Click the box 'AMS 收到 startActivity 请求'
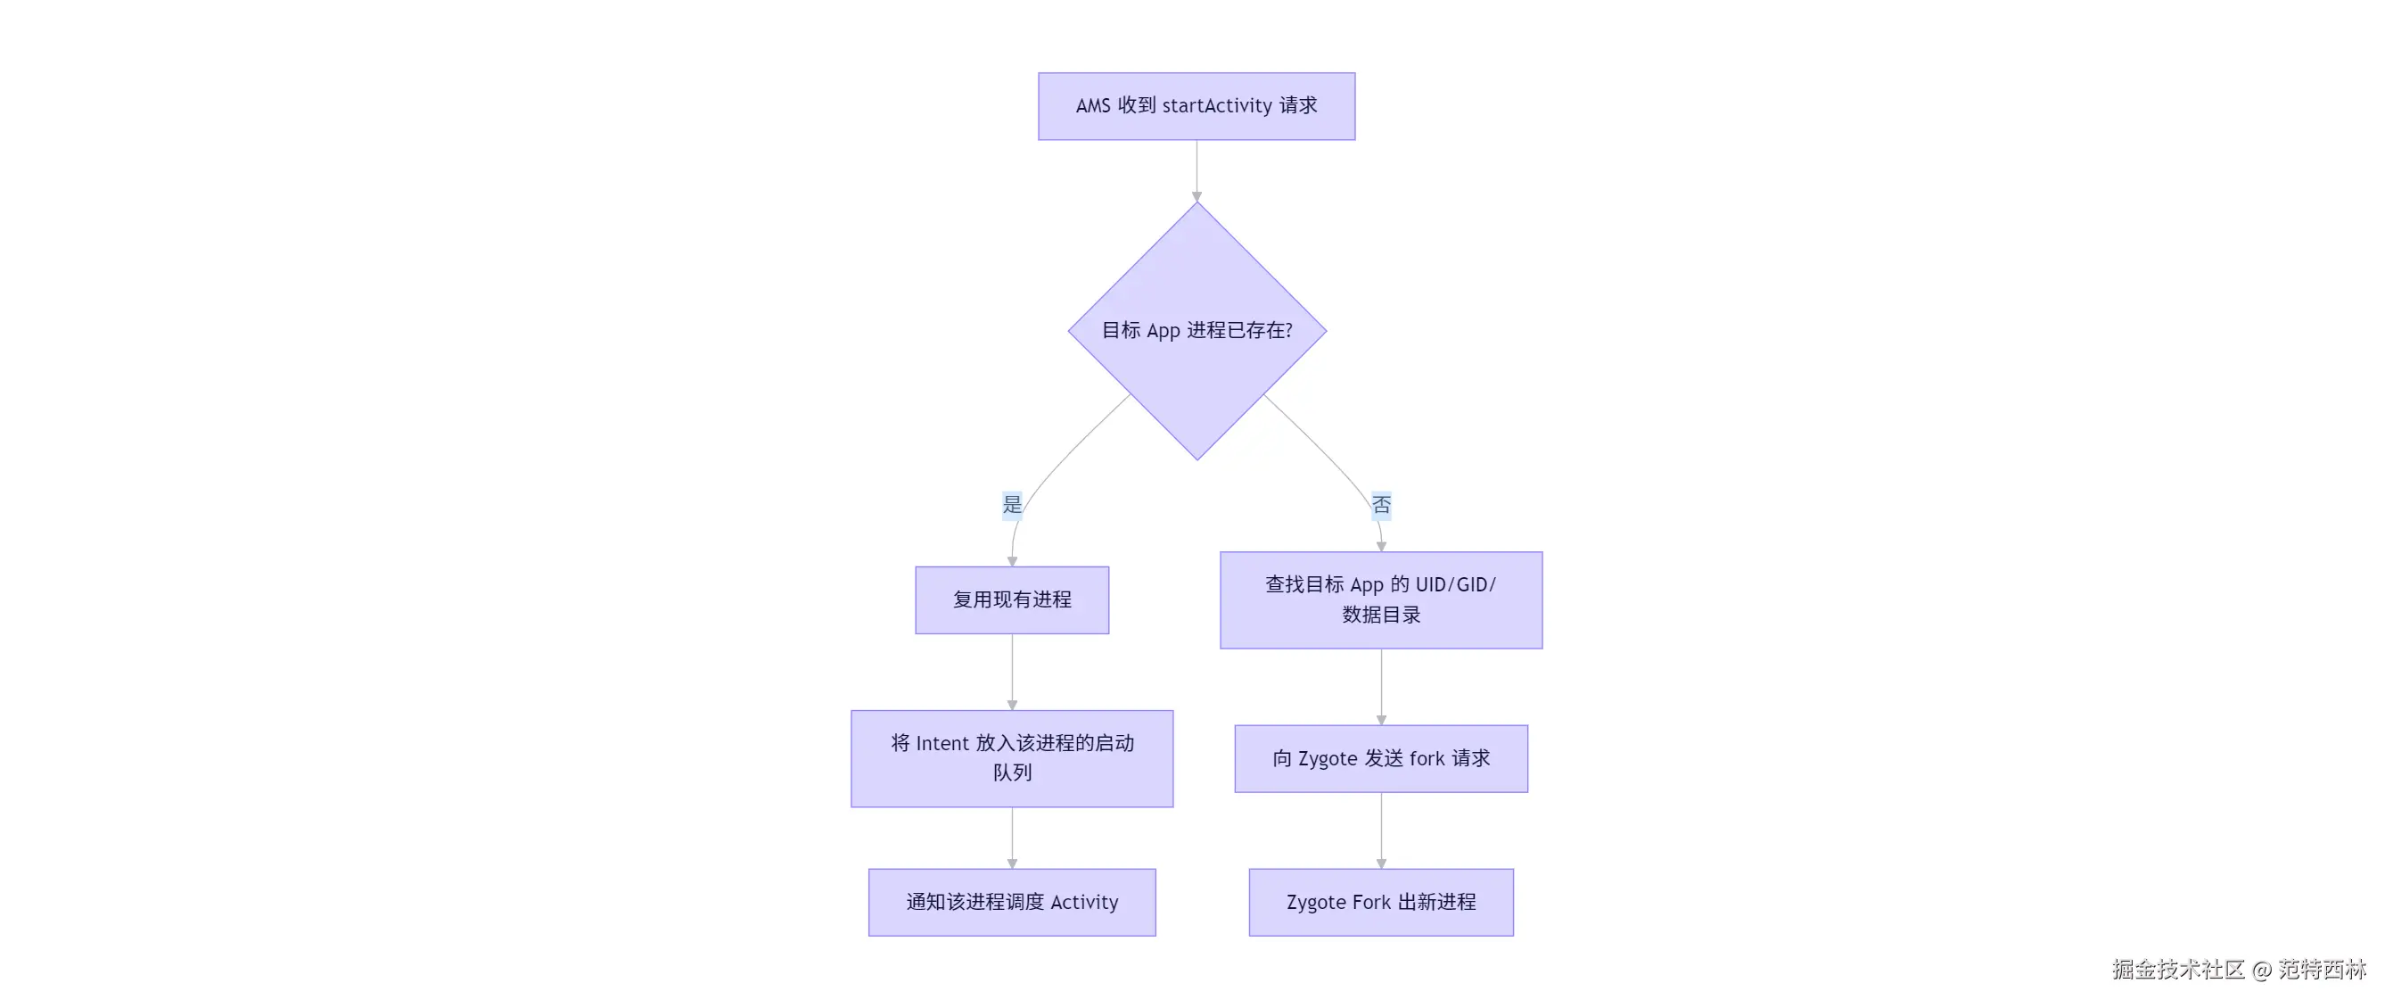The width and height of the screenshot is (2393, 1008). coord(1196,106)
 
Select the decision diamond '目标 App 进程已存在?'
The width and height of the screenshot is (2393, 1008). coord(1196,331)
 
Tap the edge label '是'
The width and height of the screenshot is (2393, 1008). coord(1012,505)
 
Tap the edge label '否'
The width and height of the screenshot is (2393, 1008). coord(1381,505)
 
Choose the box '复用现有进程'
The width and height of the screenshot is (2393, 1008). coord(1012,600)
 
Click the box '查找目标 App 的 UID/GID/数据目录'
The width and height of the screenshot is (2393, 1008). coord(1380,600)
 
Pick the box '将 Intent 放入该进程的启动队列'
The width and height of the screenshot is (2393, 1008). coord(1012,758)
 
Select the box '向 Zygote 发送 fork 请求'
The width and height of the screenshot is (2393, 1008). coord(1380,758)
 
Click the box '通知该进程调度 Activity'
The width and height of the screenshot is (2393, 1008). coord(1012,902)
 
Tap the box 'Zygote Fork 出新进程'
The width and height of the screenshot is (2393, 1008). coord(1380,902)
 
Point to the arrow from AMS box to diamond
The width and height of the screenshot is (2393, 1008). coord(1196,171)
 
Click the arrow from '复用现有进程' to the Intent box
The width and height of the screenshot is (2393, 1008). coord(1012,672)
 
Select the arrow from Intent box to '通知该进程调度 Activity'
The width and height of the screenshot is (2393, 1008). coord(1012,837)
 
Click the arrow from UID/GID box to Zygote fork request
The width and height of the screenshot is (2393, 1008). coord(1380,687)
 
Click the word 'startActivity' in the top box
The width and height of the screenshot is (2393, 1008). coord(1217,106)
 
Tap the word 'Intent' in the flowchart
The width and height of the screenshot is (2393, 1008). coord(942,743)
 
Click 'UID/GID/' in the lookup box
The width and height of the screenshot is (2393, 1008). coord(1455,585)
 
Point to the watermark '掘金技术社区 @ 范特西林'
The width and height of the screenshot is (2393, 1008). coord(2239,969)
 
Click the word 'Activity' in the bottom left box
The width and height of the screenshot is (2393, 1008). coord(1084,902)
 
